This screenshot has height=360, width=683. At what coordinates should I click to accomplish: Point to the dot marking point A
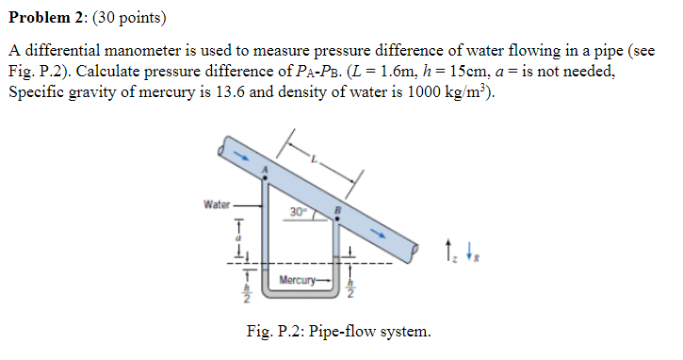266,178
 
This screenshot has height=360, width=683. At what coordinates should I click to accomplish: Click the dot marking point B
338,218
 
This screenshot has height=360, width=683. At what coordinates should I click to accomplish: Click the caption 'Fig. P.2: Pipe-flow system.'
338,332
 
